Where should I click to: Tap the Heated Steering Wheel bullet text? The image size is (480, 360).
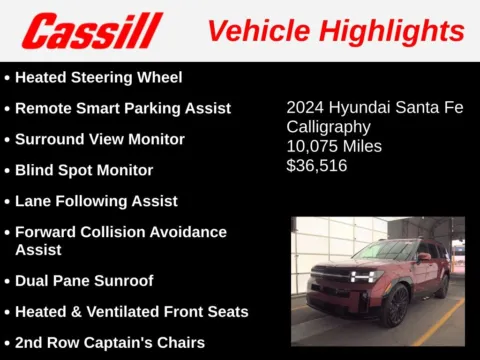coord(98,77)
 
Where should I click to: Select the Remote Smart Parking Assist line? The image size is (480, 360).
coord(122,108)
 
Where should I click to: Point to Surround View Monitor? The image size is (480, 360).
coord(99,139)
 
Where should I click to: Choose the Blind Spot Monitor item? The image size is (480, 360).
coord(84,170)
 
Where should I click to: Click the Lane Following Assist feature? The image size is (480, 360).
coord(96,201)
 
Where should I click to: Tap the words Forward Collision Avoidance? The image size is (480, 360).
coord(121,232)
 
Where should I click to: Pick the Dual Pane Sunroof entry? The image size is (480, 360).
coord(84,281)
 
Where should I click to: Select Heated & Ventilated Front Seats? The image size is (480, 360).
coord(131,312)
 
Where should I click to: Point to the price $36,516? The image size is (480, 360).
coord(317,166)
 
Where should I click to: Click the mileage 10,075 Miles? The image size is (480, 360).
coord(334,147)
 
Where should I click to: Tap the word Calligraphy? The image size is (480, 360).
coord(329,127)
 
